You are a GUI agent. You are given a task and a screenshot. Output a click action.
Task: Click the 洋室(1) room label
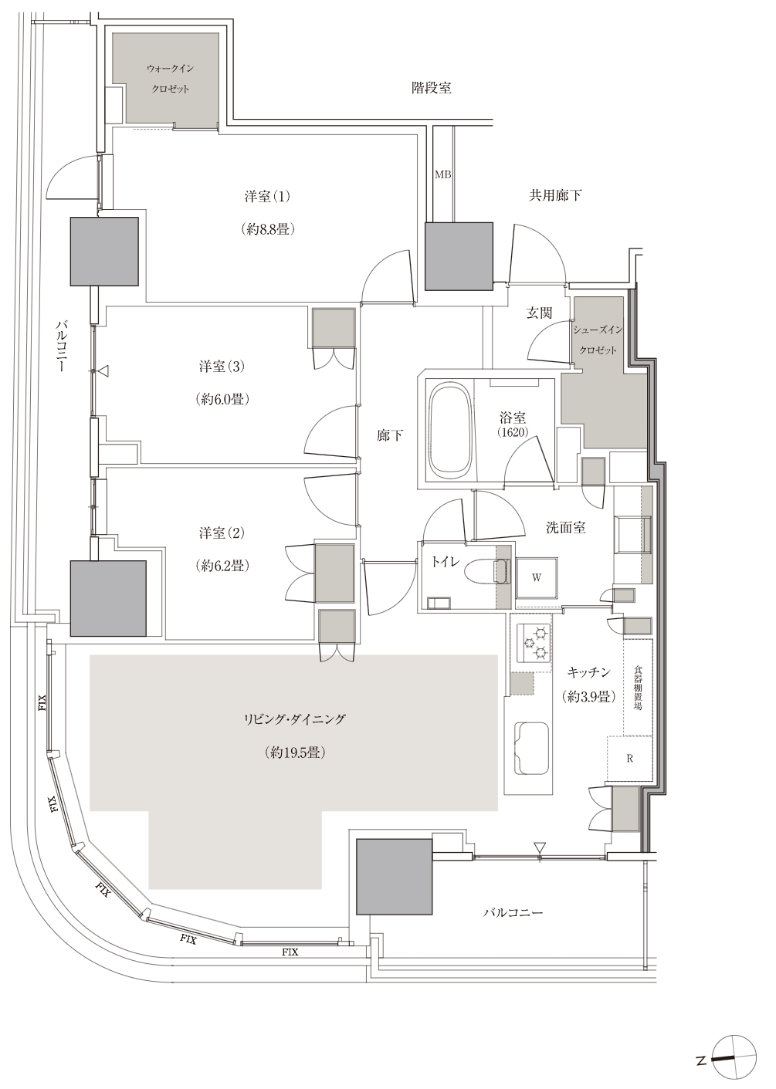[x=267, y=197]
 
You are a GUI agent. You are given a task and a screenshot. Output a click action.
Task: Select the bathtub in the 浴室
[x=450, y=428]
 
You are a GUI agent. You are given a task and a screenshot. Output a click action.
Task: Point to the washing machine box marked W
[x=537, y=577]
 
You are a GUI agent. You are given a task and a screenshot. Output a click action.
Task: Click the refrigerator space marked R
[x=629, y=759]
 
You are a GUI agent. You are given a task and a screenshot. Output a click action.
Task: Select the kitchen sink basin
[x=532, y=749]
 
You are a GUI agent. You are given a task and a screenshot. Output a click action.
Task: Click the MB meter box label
[x=442, y=175]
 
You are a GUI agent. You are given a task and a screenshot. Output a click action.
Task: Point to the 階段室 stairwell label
[x=431, y=88]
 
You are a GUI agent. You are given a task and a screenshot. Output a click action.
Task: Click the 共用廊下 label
[x=555, y=195]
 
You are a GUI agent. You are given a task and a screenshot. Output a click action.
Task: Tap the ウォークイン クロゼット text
[x=171, y=79]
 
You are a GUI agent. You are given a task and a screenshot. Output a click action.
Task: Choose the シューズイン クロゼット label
[x=598, y=340]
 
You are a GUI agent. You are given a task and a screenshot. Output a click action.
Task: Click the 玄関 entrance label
[x=540, y=313]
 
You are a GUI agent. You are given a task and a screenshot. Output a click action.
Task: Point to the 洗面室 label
[x=566, y=527]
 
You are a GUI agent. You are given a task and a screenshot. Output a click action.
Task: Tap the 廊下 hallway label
[x=390, y=435]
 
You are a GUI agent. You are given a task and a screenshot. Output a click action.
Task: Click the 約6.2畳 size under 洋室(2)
[x=222, y=566]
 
